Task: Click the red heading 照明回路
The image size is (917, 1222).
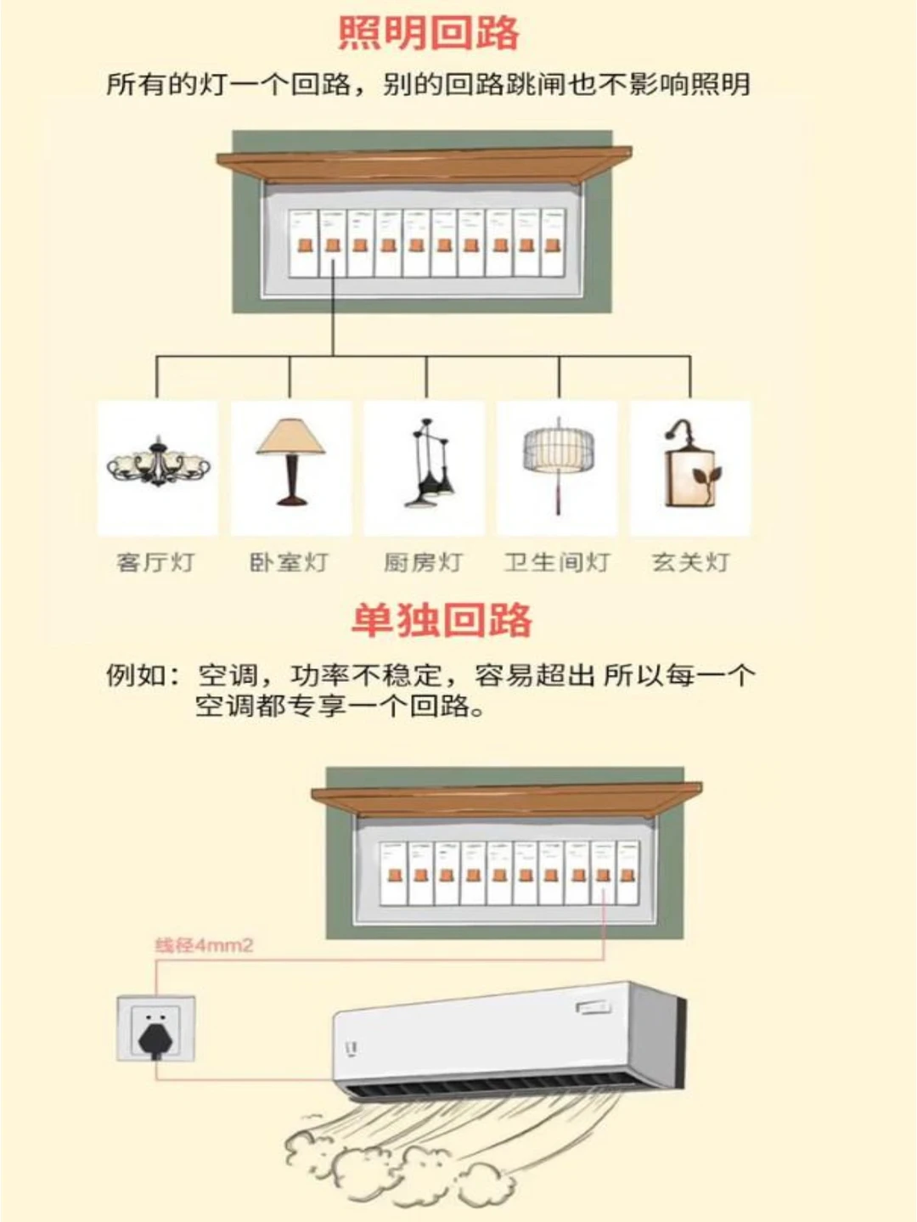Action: (429, 33)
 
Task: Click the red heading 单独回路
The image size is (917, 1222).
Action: (442, 620)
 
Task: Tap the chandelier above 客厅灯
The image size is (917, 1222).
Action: (159, 462)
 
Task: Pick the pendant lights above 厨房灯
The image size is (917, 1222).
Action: (430, 463)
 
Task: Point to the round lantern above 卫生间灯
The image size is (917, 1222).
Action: (558, 462)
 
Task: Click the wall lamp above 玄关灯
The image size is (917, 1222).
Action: (692, 463)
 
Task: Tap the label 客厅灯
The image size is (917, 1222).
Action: (155, 562)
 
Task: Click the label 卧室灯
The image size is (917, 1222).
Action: (288, 562)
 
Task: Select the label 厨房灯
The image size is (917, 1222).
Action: (423, 562)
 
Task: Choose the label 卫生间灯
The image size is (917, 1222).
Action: (558, 562)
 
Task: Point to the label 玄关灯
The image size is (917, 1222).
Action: (690, 562)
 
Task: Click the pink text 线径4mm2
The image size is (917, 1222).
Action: (205, 945)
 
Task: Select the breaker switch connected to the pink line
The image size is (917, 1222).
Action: (603, 876)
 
